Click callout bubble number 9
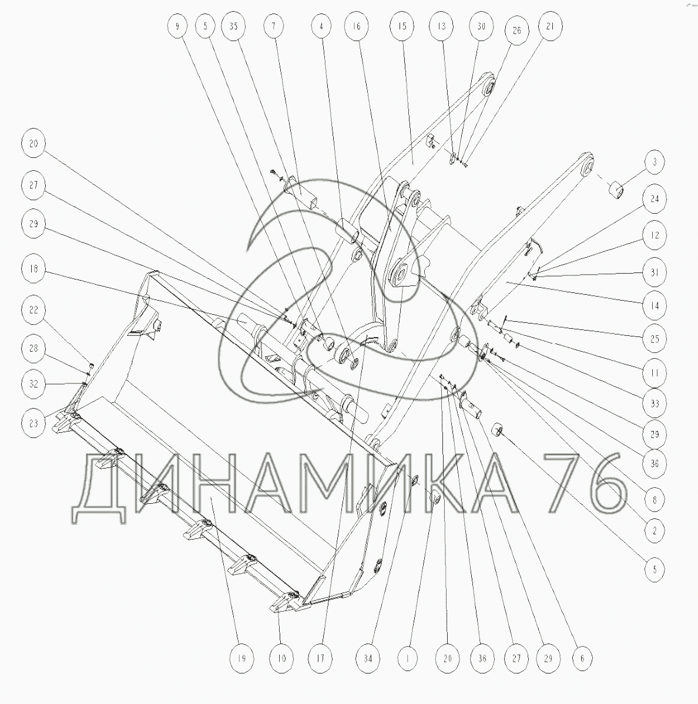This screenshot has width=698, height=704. tap(177, 26)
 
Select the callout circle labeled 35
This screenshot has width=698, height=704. tap(234, 26)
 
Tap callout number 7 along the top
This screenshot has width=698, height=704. tap(274, 26)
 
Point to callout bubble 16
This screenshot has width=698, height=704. tap(357, 26)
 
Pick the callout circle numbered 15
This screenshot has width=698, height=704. tap(402, 26)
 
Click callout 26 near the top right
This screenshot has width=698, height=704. tap(517, 31)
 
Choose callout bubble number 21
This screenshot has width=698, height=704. tap(550, 26)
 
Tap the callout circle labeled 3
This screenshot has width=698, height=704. tap(655, 161)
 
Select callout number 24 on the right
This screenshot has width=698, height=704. tap(655, 198)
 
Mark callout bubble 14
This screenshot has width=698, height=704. tap(655, 306)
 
